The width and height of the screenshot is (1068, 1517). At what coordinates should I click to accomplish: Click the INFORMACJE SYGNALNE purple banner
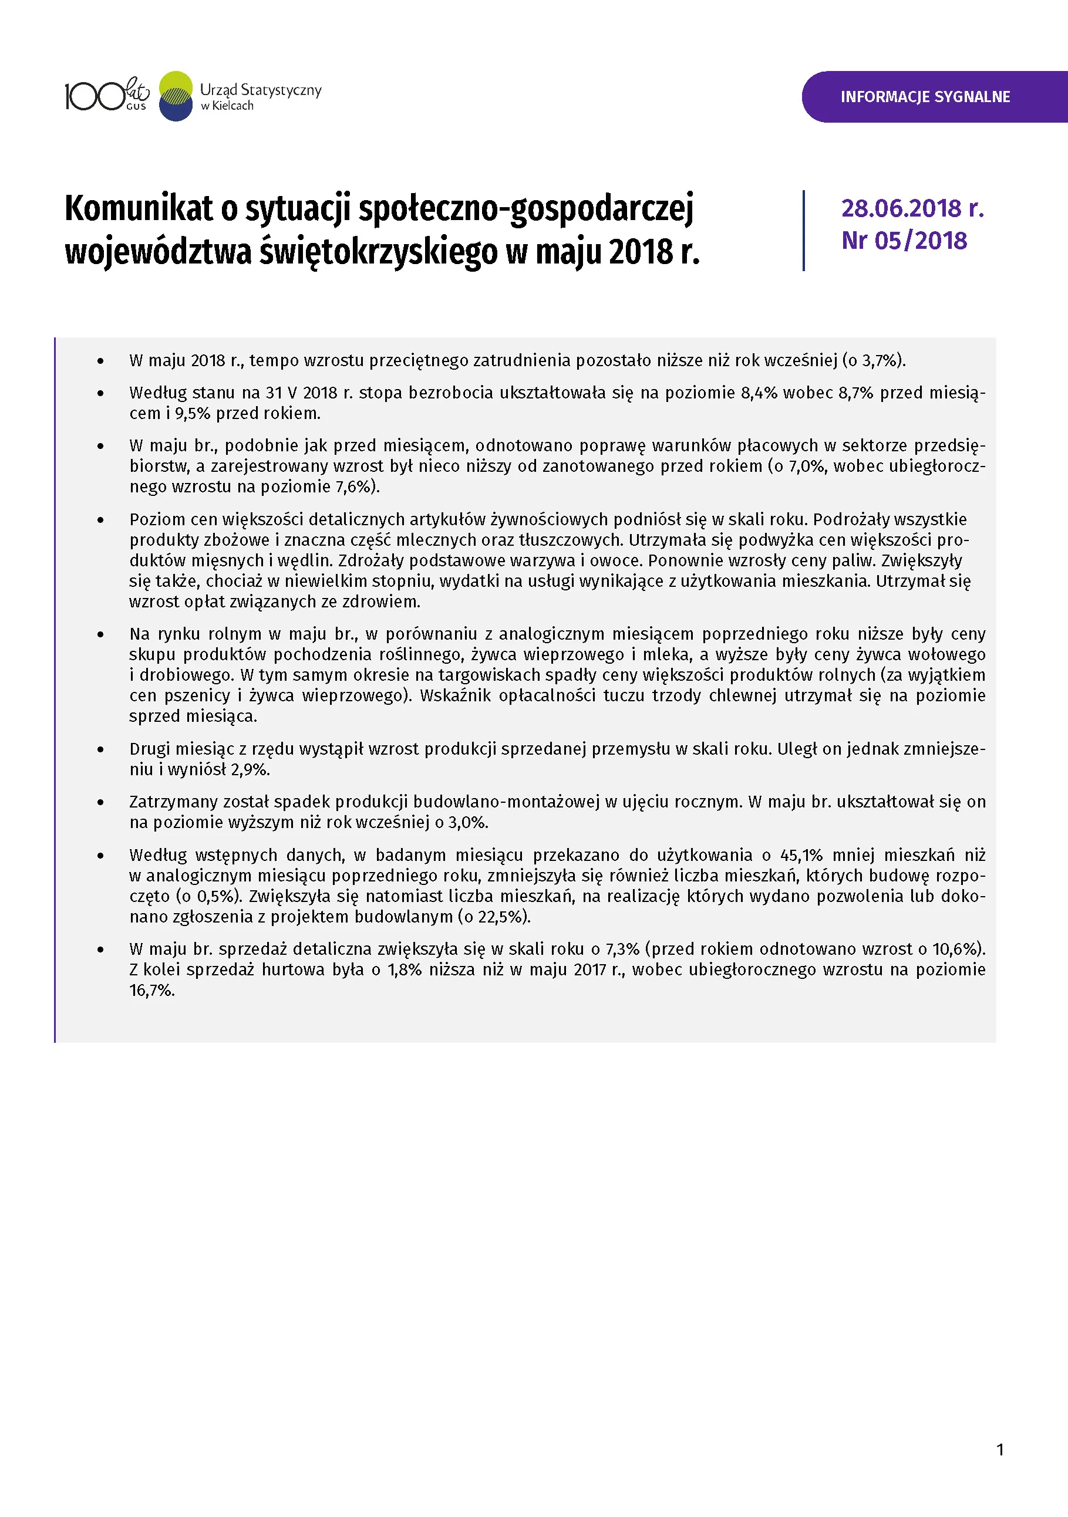click(925, 97)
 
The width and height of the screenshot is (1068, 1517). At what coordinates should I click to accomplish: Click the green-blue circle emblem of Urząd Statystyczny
click(176, 96)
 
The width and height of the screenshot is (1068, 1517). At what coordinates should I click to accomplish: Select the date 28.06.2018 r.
click(912, 209)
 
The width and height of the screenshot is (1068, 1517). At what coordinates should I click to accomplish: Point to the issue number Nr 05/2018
click(904, 241)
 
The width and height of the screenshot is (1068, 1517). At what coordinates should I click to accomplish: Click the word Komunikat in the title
click(139, 209)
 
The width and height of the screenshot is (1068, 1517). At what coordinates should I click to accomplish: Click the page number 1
click(1000, 1450)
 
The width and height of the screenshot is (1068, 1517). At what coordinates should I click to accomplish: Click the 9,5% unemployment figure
click(190, 414)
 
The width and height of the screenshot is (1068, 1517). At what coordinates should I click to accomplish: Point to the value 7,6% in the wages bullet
click(355, 487)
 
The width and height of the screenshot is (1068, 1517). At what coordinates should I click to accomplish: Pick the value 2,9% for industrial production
click(250, 770)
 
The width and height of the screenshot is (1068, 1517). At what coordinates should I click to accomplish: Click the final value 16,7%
click(151, 991)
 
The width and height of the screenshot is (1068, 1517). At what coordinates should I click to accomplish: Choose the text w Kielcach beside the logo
click(227, 106)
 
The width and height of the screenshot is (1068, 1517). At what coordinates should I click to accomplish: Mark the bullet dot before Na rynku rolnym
click(100, 635)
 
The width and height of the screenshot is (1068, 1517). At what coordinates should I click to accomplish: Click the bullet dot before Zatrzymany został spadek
click(100, 803)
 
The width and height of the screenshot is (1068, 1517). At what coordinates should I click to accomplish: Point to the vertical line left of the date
click(804, 230)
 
